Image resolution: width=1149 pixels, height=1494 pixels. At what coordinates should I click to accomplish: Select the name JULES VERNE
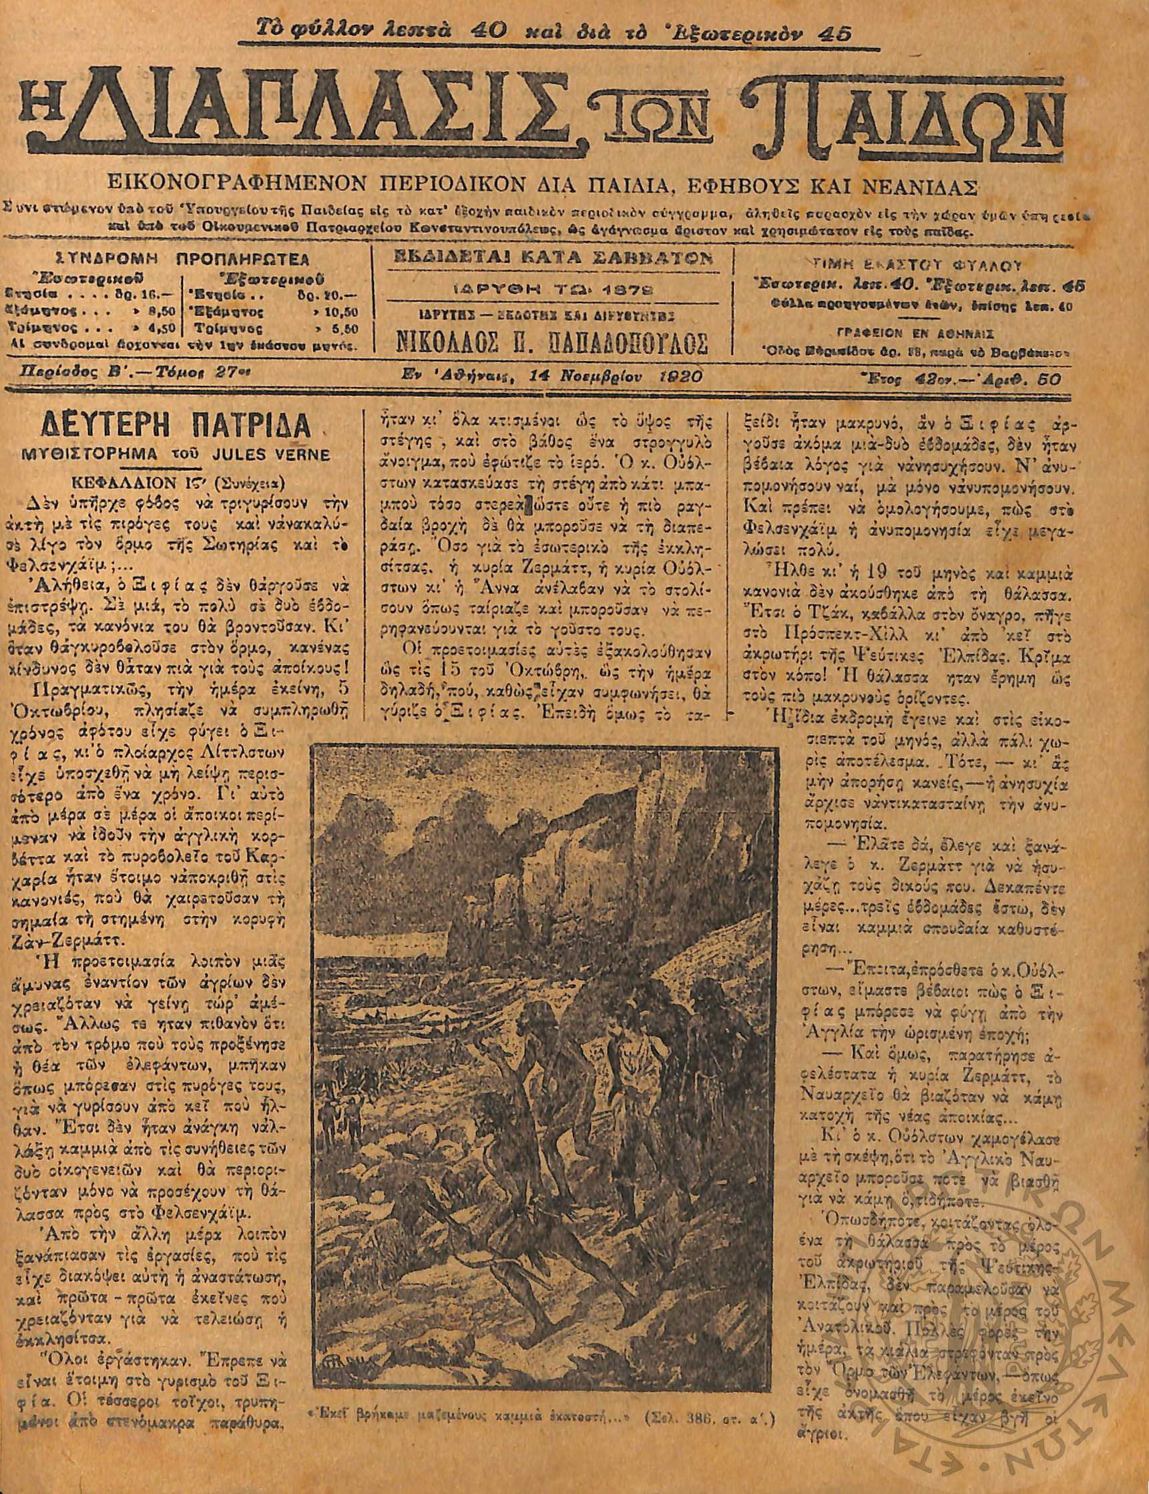point(274,455)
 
